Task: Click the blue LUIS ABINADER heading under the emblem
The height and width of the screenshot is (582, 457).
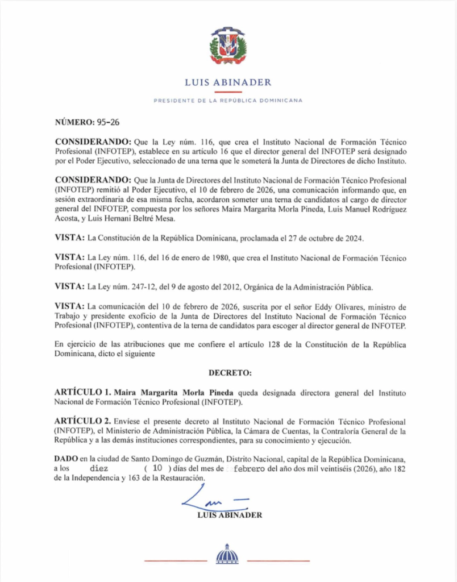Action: (x=228, y=82)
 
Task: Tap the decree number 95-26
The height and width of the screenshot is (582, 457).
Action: (x=108, y=122)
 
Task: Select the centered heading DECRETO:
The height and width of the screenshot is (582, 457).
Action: (x=230, y=373)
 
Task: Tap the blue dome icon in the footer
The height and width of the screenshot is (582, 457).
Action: (x=227, y=554)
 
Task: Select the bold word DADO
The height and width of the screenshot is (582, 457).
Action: (x=67, y=459)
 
